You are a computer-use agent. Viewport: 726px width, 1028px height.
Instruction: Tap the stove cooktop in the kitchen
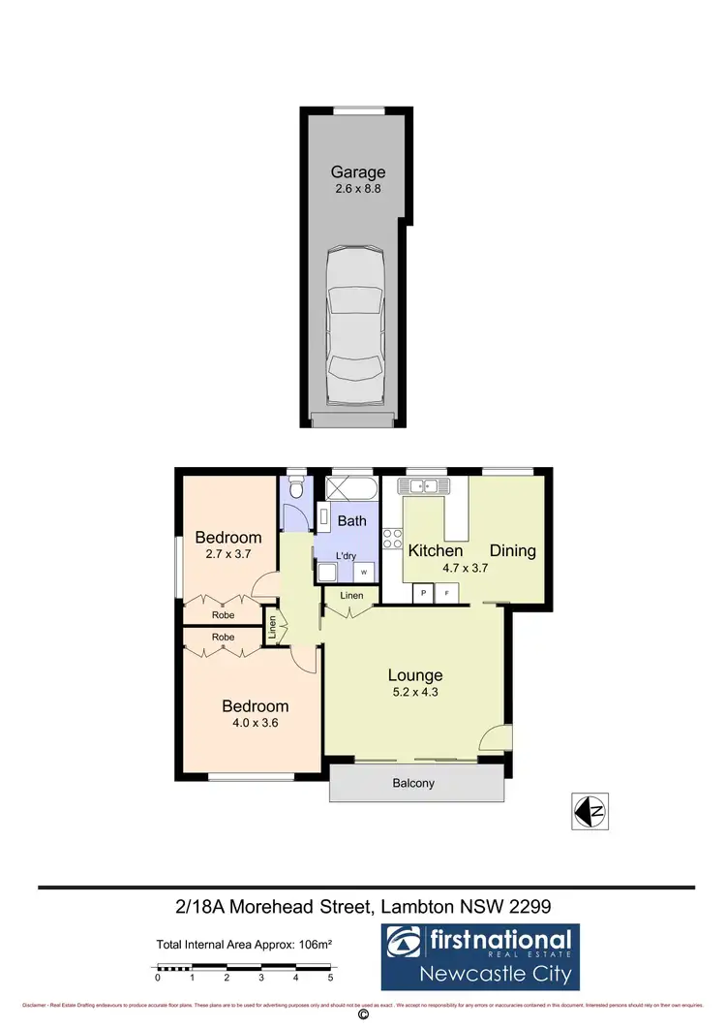coord(393,539)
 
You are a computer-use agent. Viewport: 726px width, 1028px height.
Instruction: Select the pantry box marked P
coord(423,592)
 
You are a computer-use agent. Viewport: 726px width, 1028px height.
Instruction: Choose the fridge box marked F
coord(447,592)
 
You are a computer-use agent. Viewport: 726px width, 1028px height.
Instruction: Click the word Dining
coord(512,550)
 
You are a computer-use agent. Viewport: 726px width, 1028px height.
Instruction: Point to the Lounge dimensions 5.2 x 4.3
coord(415,692)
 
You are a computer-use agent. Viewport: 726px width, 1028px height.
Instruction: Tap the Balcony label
coord(413,783)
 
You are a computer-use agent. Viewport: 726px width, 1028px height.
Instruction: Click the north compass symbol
coord(589,811)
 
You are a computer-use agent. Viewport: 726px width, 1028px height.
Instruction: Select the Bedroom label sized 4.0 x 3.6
coord(256,706)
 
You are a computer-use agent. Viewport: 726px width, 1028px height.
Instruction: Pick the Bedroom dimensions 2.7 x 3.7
coord(228,554)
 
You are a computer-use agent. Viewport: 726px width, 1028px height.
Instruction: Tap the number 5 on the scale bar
coord(331,979)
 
